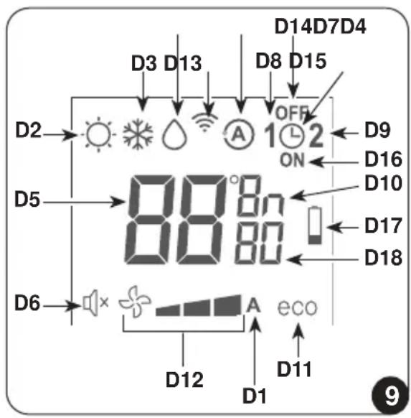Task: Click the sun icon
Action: (x=99, y=134)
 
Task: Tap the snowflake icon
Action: (x=138, y=134)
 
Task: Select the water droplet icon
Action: (x=174, y=134)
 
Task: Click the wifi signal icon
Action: (x=204, y=121)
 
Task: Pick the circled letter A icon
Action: (x=239, y=134)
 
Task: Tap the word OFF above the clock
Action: (x=292, y=113)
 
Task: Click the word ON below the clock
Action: (x=292, y=160)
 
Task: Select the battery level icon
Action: (x=315, y=226)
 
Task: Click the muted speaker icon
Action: (x=96, y=303)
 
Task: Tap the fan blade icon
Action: (x=135, y=302)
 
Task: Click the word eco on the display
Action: (x=298, y=307)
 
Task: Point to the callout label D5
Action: (x=27, y=199)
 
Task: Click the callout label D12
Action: (x=184, y=379)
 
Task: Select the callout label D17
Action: (x=383, y=226)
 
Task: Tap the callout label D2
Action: (x=29, y=130)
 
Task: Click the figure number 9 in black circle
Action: (x=391, y=396)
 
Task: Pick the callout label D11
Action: (x=294, y=369)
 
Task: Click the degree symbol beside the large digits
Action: (x=235, y=180)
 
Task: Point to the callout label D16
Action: (x=383, y=159)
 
